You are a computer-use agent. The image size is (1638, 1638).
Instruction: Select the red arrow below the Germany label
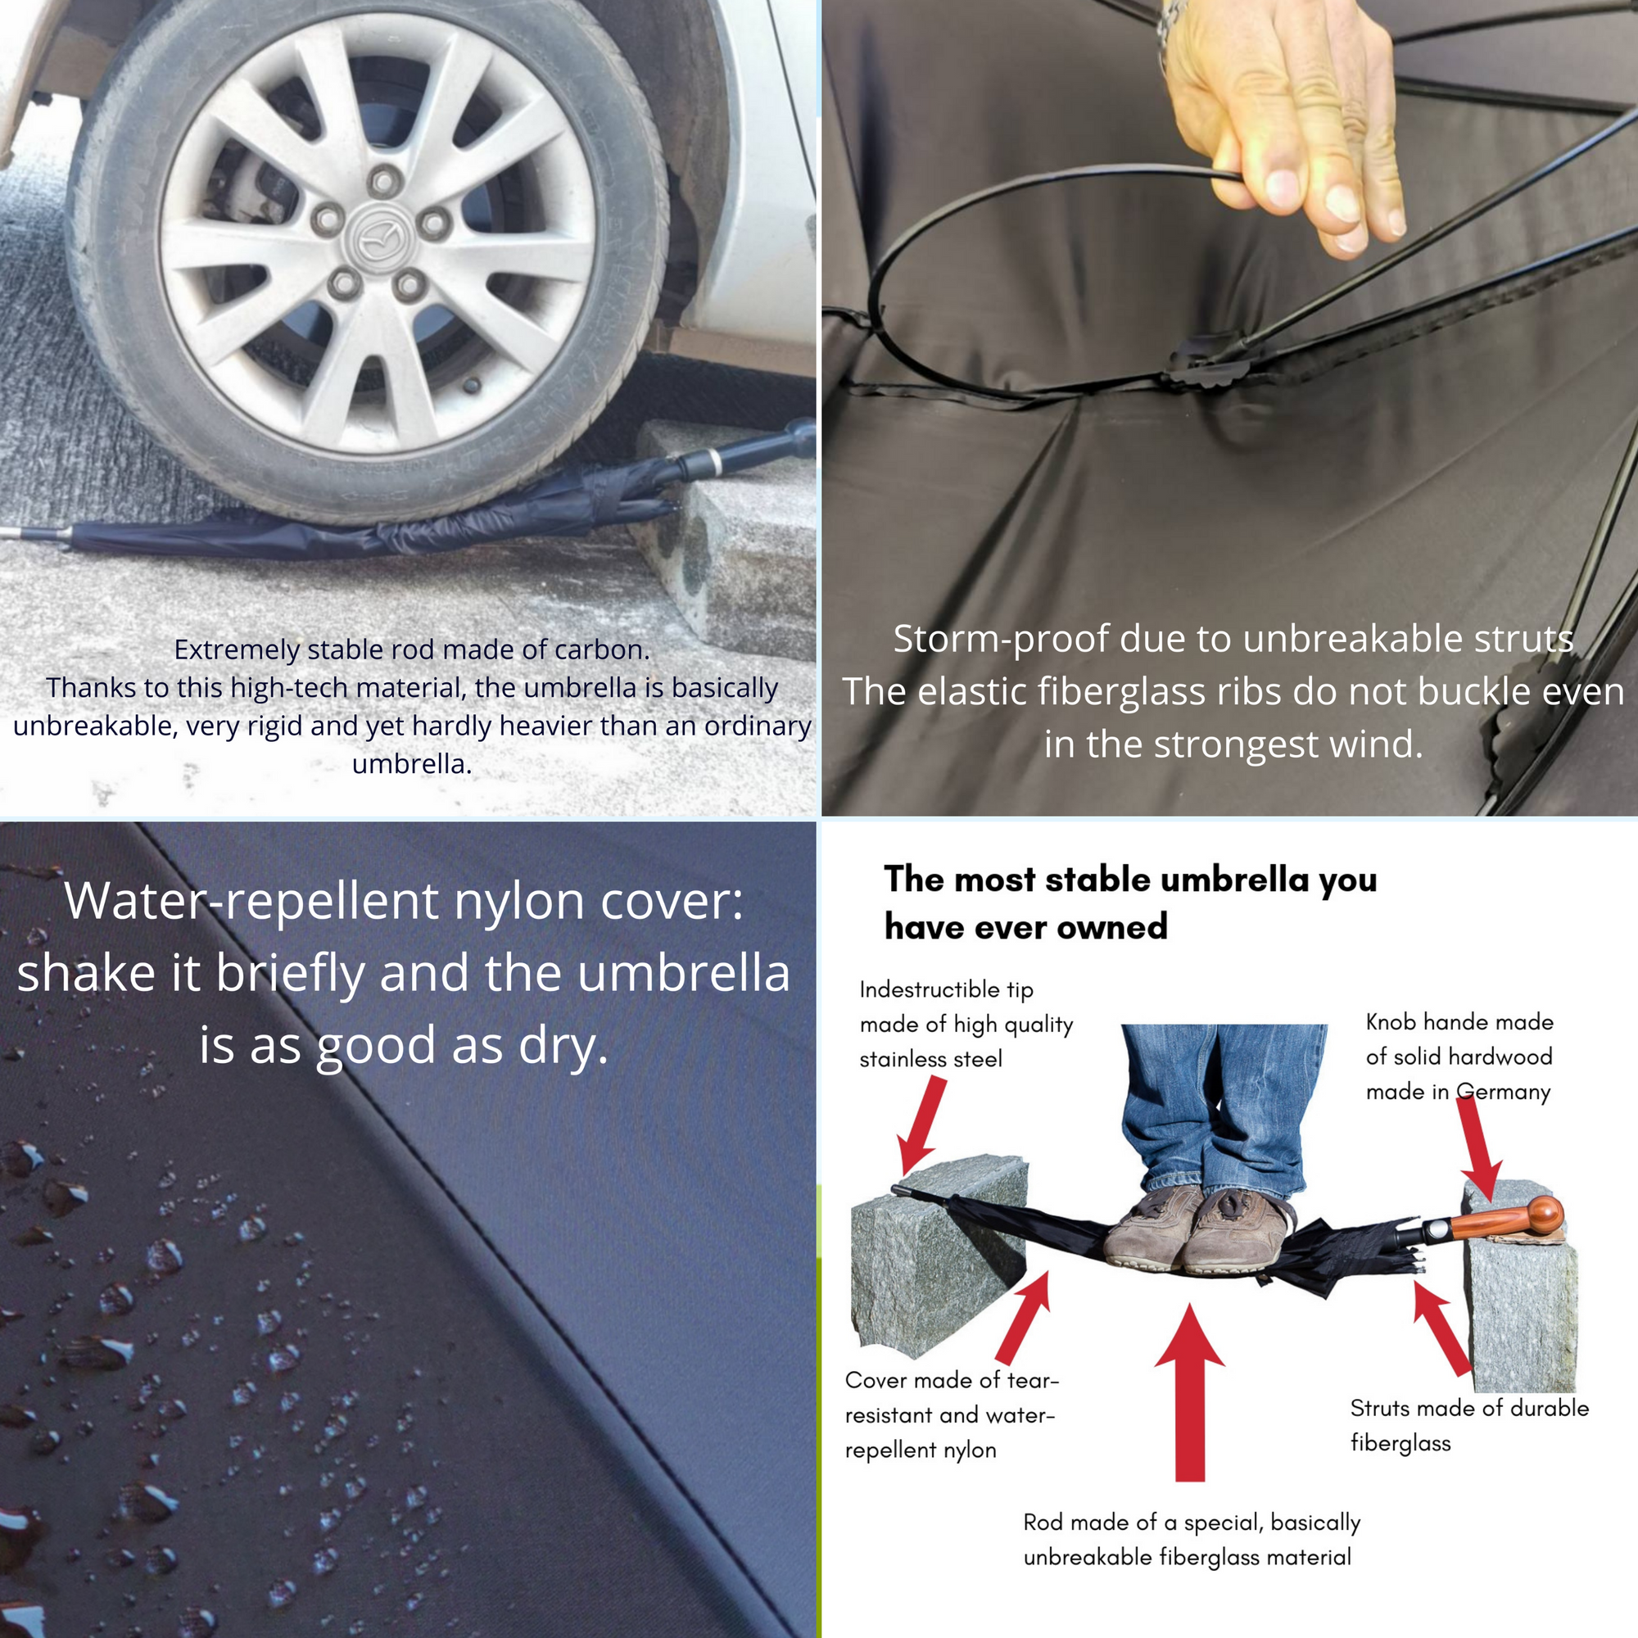[x=1479, y=1148]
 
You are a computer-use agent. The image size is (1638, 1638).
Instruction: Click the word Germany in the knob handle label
[x=1502, y=1092]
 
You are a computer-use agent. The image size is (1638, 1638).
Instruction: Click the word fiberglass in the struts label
[x=1400, y=1444]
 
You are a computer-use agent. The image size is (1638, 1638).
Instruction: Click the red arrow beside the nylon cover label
[x=1025, y=1318]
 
